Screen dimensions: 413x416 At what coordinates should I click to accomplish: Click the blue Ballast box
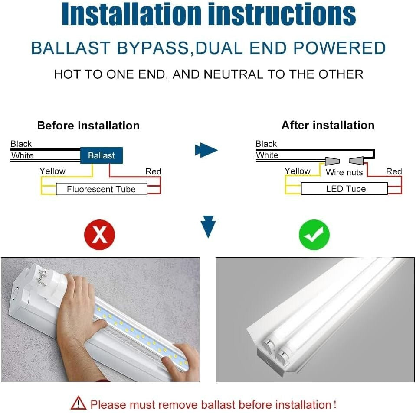tap(101, 155)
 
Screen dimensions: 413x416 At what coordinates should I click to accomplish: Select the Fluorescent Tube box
tap(102, 189)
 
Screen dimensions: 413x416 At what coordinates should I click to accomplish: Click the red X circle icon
tap(100, 235)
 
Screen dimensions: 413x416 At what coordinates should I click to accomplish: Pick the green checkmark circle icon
tap(314, 235)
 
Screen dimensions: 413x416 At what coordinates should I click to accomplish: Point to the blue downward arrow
tap(208, 226)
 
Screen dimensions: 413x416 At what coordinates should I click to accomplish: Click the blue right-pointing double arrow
tap(206, 151)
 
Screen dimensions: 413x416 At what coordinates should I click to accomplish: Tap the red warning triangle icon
tap(79, 403)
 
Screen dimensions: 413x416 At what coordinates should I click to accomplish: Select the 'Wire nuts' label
tap(344, 172)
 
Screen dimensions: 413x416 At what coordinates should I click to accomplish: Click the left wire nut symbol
tap(332, 161)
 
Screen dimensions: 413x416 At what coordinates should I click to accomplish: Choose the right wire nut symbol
tap(356, 161)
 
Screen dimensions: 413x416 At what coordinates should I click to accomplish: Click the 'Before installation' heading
tap(88, 126)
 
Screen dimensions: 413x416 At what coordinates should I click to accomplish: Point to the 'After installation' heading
tap(328, 125)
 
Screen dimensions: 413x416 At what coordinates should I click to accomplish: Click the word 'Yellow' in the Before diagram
tap(52, 171)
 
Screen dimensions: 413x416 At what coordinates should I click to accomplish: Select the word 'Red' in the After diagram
tap(394, 171)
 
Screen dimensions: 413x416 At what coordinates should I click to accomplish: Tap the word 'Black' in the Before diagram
tap(21, 144)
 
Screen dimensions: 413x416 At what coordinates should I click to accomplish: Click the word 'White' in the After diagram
tap(267, 155)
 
